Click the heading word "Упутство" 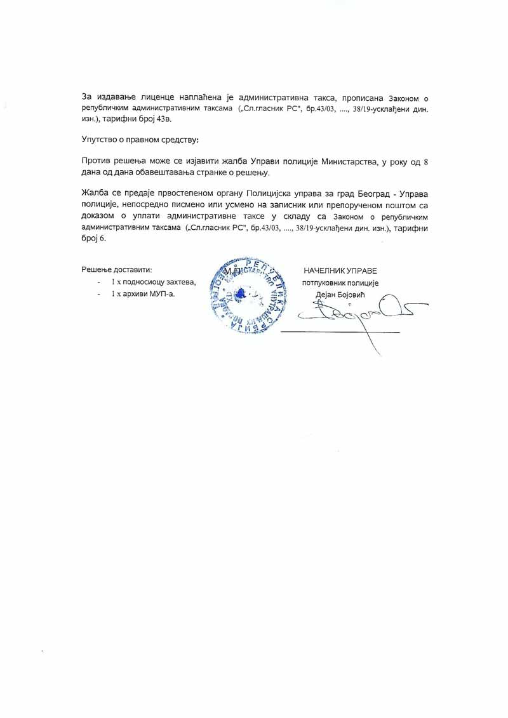(102, 139)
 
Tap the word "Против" (97, 162)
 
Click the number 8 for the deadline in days (425, 163)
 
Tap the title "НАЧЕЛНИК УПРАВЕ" (340, 270)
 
